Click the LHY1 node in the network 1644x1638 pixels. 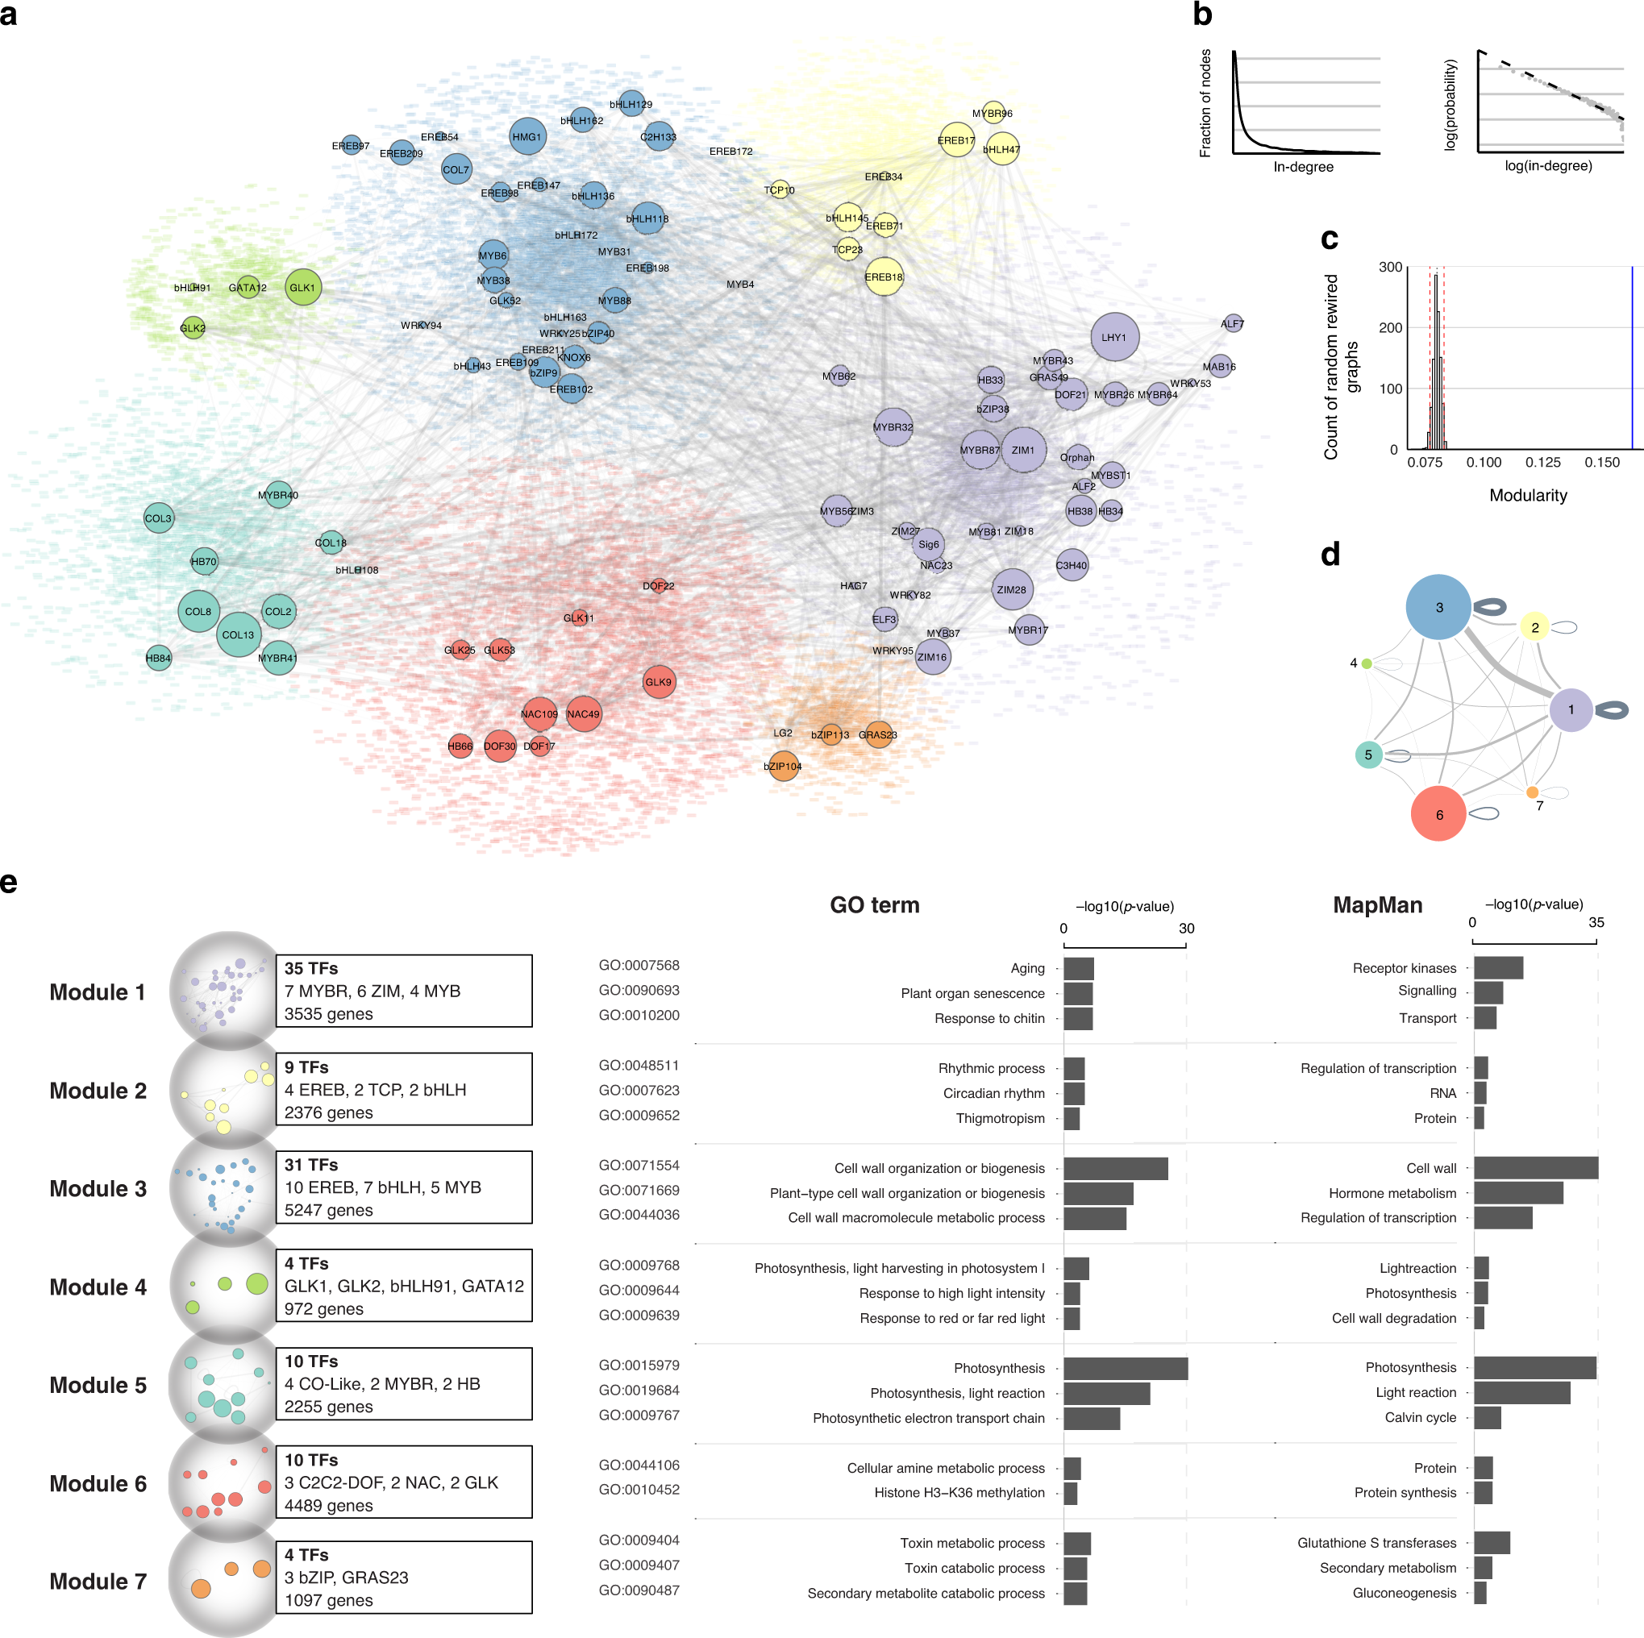1113,337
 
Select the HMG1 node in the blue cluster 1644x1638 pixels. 526,136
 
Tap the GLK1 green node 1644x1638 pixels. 302,288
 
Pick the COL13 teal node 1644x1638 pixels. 239,634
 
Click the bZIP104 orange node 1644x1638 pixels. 783,766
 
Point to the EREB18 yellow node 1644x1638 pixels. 883,276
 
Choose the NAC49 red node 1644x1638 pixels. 583,714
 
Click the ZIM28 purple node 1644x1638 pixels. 1012,588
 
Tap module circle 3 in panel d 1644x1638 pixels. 1438,608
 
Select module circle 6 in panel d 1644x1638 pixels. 1438,814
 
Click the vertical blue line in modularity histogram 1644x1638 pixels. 1631,357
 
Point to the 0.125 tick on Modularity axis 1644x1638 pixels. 1542,462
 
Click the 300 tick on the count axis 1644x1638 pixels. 1389,267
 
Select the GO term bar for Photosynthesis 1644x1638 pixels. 1125,1367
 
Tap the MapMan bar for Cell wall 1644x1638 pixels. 1535,1167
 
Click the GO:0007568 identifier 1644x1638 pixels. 639,965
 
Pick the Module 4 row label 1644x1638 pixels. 98,1287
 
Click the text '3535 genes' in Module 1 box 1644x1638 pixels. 328,1013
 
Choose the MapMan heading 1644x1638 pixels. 1377,904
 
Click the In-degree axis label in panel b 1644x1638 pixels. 1303,167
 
